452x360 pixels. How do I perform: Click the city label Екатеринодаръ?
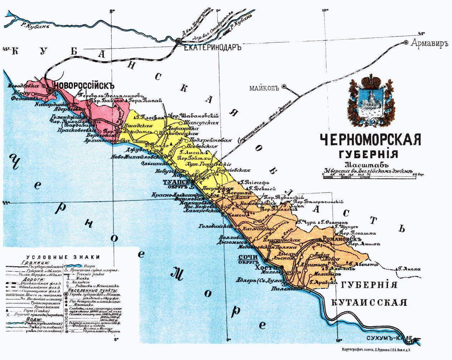[213, 47]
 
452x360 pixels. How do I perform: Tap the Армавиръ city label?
[429, 44]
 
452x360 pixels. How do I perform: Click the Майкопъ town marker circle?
[284, 86]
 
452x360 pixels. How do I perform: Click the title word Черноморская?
[370, 140]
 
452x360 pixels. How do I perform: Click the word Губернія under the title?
[368, 155]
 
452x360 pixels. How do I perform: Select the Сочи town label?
[248, 257]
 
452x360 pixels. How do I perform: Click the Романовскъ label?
[342, 239]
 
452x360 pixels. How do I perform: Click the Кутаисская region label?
[369, 302]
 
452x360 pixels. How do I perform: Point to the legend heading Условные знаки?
[63, 257]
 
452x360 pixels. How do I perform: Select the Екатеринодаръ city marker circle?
[178, 41]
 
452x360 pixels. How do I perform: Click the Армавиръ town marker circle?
[406, 42]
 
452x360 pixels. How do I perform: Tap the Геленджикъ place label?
[67, 117]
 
